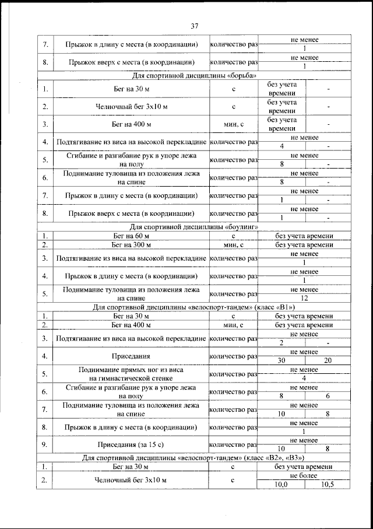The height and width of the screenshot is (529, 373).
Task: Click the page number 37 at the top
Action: (x=194, y=25)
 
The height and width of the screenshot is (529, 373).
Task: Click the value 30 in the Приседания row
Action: (x=281, y=360)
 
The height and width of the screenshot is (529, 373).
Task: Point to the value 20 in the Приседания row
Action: (x=328, y=360)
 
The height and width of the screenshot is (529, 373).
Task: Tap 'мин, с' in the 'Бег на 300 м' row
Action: (x=233, y=244)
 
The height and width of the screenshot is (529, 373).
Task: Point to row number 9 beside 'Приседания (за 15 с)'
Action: (x=44, y=444)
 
